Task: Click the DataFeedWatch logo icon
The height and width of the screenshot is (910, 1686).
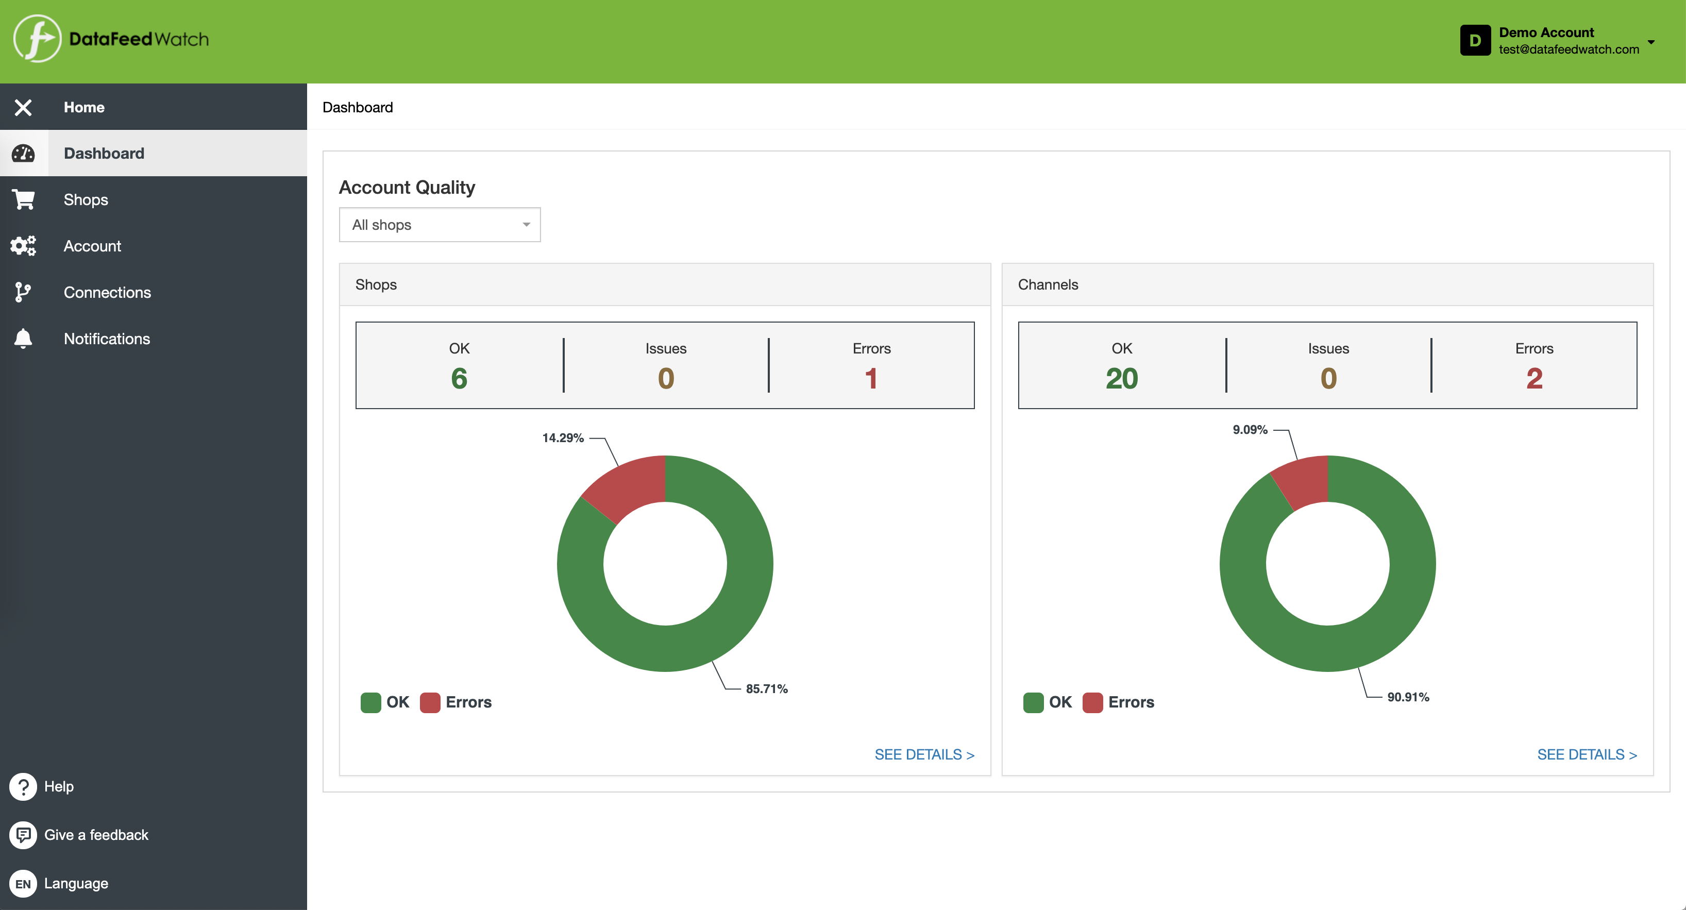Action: click(37, 39)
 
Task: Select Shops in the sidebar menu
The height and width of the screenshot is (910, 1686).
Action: click(86, 200)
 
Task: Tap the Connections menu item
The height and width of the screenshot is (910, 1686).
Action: click(107, 293)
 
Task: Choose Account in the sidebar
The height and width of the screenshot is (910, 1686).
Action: click(92, 246)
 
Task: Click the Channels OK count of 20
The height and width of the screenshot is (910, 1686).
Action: click(1121, 378)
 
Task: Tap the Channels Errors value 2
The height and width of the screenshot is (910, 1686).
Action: click(1534, 378)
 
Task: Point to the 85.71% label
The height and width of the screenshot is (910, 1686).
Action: click(766, 689)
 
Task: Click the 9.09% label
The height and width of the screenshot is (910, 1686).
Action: click(1250, 429)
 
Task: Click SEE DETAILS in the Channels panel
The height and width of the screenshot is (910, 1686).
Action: click(1587, 754)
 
